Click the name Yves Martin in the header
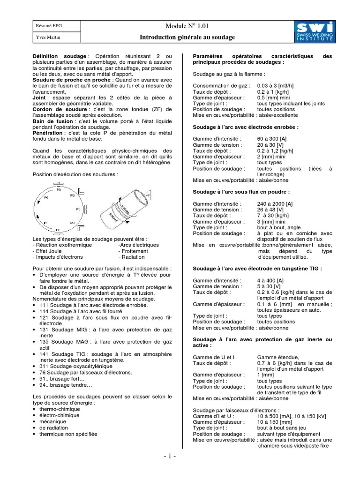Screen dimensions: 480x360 click(x=46, y=37)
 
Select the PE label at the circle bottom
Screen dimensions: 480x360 click(x=58, y=230)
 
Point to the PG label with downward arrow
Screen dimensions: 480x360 click(x=45, y=199)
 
